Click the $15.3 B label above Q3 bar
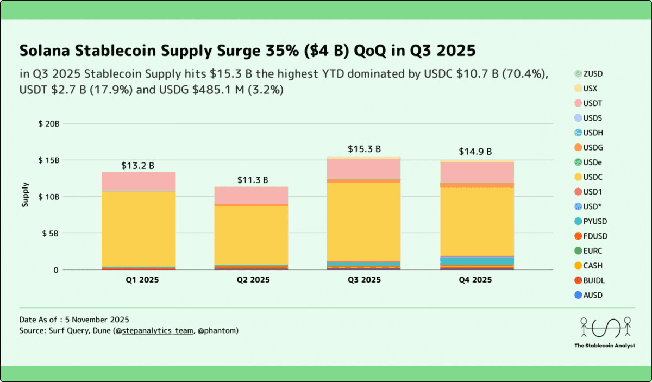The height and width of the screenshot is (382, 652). [x=364, y=149]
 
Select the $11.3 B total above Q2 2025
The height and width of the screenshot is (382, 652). [x=252, y=180]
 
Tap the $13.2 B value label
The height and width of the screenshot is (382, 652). [x=138, y=166]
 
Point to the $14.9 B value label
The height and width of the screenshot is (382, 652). [x=476, y=152]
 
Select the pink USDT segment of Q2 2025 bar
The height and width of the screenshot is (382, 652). [x=251, y=195]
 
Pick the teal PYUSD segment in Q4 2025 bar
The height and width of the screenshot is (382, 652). [x=477, y=261]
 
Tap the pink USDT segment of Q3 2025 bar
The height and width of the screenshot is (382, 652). [x=364, y=168]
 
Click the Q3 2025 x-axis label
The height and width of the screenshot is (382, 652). [x=364, y=280]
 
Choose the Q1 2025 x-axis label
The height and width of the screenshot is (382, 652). [x=139, y=280]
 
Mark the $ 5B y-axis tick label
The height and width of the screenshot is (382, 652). [x=51, y=233]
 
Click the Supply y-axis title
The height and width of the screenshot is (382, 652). [x=25, y=196]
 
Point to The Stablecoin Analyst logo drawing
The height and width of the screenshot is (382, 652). [x=605, y=327]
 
